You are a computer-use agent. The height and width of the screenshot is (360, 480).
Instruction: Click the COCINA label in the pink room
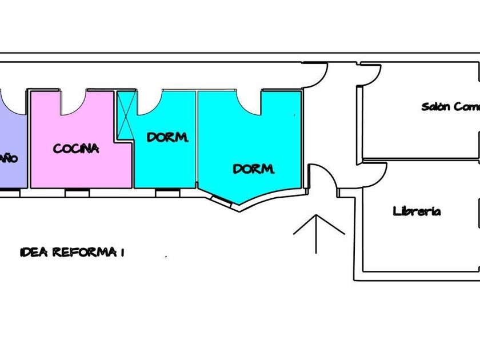(x=76, y=149)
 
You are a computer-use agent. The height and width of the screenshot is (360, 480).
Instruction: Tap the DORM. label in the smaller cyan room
(x=167, y=138)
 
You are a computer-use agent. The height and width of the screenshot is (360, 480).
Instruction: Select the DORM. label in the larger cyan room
(x=254, y=169)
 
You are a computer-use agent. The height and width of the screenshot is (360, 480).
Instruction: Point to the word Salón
(x=436, y=106)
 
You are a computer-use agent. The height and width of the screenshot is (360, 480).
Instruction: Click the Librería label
(x=417, y=211)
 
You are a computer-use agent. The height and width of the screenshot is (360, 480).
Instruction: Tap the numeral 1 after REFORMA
(x=122, y=252)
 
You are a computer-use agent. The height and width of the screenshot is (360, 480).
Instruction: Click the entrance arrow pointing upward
(x=318, y=231)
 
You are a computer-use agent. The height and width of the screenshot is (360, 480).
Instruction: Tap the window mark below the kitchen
(x=77, y=193)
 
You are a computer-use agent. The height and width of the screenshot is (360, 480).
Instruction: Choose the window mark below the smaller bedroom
(x=167, y=193)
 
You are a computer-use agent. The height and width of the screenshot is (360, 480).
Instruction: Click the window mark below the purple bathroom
(x=9, y=193)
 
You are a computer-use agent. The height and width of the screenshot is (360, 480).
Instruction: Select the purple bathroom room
(x=13, y=137)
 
